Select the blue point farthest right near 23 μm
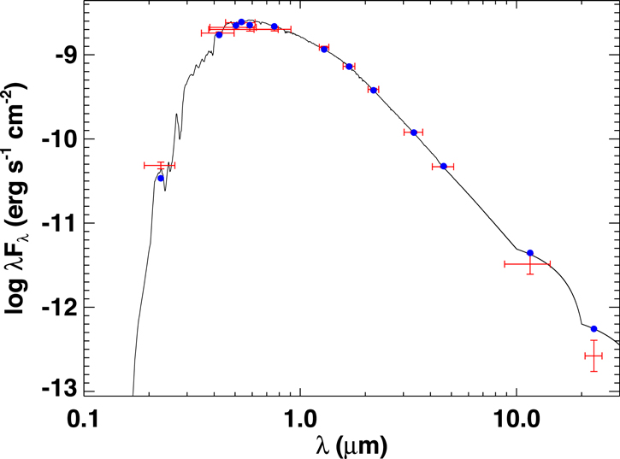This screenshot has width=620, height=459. pos(593,329)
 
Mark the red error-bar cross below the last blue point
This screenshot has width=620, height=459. pos(593,356)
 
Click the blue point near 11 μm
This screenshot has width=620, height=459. pos(530,253)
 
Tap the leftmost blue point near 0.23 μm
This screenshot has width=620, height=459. pos(161,178)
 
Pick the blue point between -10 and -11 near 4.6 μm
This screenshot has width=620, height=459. pos(443,166)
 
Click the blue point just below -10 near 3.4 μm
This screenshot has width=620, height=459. pos(414,132)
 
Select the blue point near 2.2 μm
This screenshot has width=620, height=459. pos(373,90)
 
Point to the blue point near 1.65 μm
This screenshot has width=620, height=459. pos(348,67)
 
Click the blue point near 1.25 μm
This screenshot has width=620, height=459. pos(323,49)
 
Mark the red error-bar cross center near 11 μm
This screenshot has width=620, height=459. pos(530,264)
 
